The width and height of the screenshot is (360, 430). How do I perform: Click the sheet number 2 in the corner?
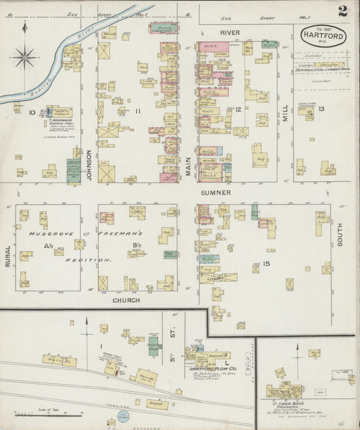coord(342,11)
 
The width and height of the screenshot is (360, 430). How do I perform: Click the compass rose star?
coord(25,55)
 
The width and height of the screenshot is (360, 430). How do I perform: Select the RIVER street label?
coord(229,32)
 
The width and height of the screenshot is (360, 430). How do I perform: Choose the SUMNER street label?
coord(215,193)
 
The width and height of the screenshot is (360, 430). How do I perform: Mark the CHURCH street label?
coord(126,300)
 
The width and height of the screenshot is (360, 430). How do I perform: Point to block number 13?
coord(322,109)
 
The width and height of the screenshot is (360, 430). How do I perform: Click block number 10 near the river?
coord(31,112)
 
